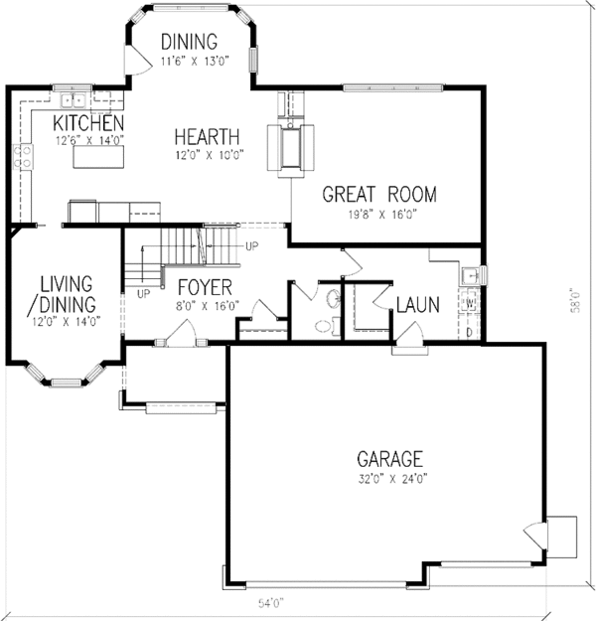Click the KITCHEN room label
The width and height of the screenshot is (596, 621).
pyautogui.click(x=87, y=122)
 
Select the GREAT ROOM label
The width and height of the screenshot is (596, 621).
pyautogui.click(x=378, y=195)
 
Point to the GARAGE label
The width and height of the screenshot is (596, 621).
pyautogui.click(x=389, y=459)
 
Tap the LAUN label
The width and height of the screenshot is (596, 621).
pyautogui.click(x=418, y=305)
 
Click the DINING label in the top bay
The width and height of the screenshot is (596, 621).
pyautogui.click(x=189, y=42)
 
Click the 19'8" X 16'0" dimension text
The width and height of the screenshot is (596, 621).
pyautogui.click(x=379, y=213)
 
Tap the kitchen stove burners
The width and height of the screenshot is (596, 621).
pyautogui.click(x=21, y=156)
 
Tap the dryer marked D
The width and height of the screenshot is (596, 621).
pyautogui.click(x=470, y=331)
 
